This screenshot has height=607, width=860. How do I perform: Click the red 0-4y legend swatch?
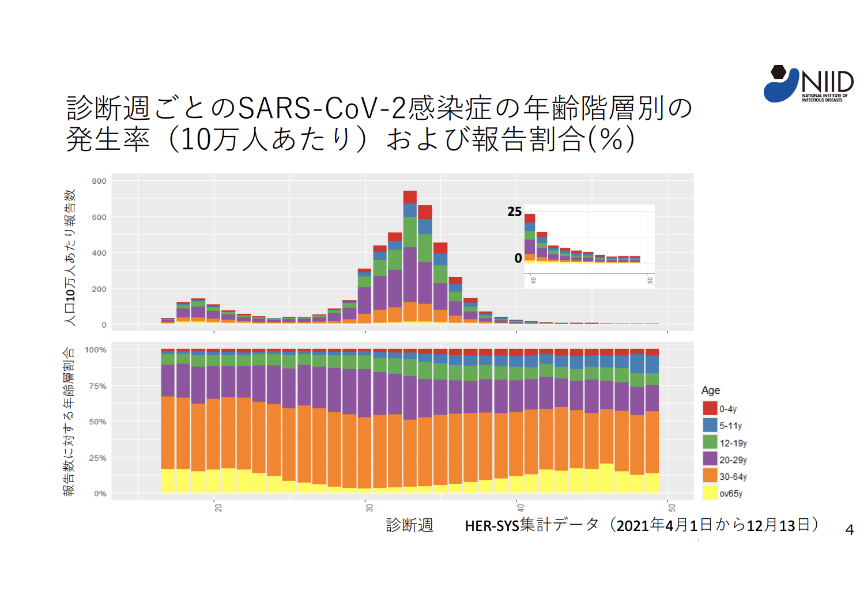click(710, 408)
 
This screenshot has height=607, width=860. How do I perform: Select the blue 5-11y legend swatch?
click(710, 425)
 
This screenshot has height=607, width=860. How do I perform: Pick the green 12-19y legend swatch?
click(710, 442)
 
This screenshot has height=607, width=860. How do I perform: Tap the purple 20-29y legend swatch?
click(710, 459)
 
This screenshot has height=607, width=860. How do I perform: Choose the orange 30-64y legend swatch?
click(710, 476)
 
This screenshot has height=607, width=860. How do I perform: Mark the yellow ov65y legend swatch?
click(710, 492)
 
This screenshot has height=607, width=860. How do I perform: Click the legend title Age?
click(710, 390)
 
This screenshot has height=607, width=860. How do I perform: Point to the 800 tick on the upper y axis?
click(99, 181)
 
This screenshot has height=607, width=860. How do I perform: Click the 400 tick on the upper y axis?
click(99, 253)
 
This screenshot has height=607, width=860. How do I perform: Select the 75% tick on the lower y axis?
click(97, 386)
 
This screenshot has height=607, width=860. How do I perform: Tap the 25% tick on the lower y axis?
click(97, 458)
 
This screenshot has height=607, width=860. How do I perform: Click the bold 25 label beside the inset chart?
click(514, 212)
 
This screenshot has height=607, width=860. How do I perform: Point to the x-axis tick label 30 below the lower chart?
click(369, 507)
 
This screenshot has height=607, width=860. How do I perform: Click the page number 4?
click(849, 530)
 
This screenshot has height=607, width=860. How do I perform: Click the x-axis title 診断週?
click(409, 525)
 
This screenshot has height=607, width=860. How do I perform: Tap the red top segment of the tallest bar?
click(410, 197)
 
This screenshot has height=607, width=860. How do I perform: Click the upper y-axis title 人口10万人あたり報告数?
click(70, 257)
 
